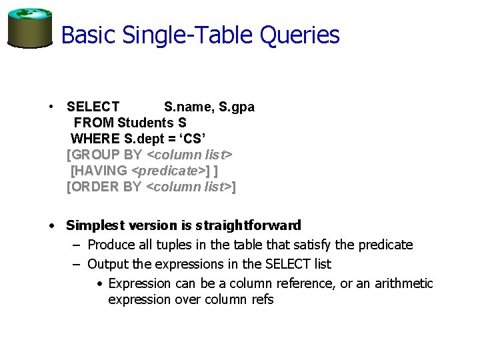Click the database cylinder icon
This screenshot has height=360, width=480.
coord(29,28)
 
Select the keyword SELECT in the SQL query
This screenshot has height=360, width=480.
coord(93,107)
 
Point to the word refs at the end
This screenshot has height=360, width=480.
coord(262,299)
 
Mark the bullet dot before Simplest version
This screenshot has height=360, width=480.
coord(51,225)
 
